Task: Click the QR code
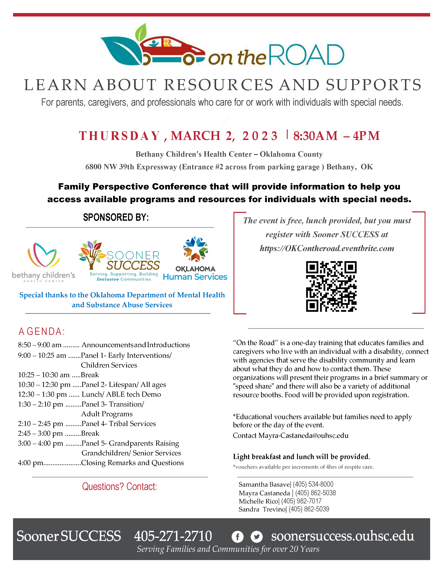tap(331, 286)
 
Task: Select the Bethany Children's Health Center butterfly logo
tap(44, 255)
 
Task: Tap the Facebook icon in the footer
tap(237, 537)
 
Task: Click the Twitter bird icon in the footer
tap(256, 537)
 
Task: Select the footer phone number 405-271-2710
tap(173, 536)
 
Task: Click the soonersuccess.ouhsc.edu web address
tap(342, 536)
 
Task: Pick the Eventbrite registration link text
tap(327, 248)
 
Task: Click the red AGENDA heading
tap(42, 332)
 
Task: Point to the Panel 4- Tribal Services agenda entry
tap(118, 424)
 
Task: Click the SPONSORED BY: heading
tap(116, 217)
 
